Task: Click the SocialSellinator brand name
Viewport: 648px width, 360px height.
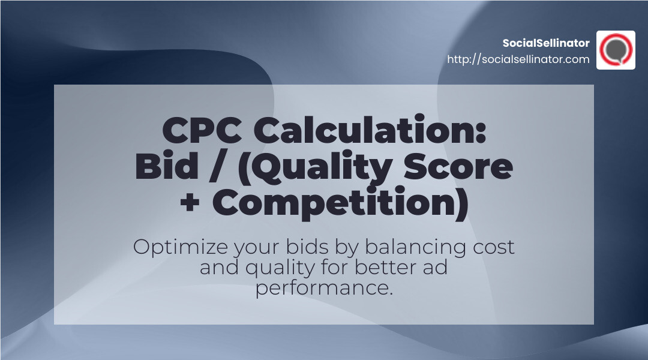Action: [546, 43]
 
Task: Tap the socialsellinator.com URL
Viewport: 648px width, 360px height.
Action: [518, 59]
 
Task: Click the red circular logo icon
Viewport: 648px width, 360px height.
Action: [616, 50]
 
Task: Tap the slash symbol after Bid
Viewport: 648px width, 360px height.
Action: [217, 167]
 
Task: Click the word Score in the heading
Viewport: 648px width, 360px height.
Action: [463, 167]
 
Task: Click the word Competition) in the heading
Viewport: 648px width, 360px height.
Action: [340, 203]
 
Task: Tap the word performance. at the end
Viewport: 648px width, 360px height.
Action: [324, 287]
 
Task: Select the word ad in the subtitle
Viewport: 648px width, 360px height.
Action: [436, 267]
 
